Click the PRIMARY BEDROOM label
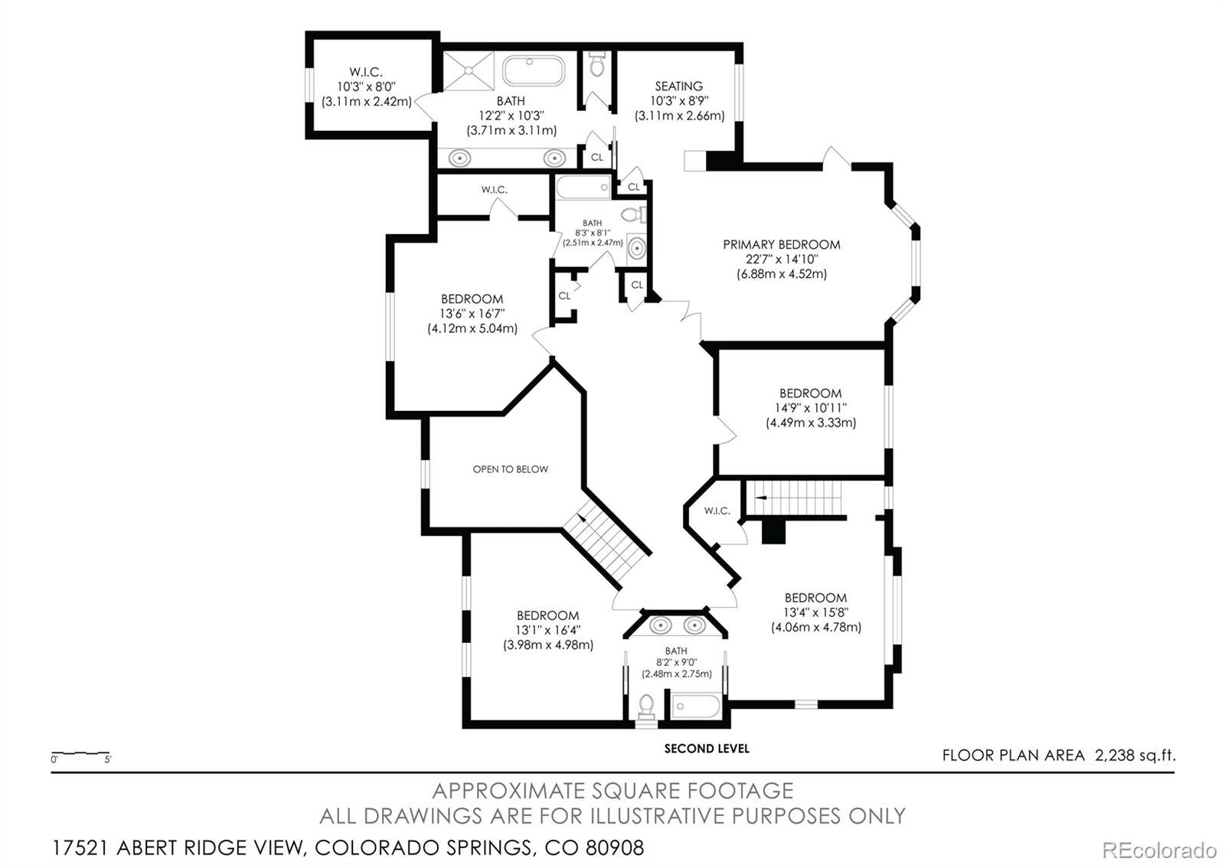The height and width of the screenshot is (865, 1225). (x=781, y=245)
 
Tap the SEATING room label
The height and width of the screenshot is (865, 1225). (x=678, y=86)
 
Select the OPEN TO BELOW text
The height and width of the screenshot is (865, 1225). (x=510, y=469)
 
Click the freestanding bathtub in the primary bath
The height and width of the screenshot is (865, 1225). (x=534, y=72)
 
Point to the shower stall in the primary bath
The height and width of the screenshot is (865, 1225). (x=469, y=71)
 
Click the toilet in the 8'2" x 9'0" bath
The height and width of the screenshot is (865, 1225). (x=647, y=706)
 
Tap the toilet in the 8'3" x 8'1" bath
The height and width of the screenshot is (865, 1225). (x=632, y=214)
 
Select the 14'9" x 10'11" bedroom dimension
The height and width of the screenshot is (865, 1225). (x=810, y=408)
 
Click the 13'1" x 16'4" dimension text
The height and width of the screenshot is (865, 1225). (x=547, y=630)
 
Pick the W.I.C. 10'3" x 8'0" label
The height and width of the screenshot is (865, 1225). (x=366, y=86)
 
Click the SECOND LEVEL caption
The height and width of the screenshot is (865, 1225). (x=706, y=749)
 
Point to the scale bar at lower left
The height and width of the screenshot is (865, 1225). (x=80, y=755)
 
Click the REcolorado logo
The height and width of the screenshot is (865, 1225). (x=1158, y=850)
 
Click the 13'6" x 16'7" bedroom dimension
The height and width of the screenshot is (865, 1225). (x=472, y=314)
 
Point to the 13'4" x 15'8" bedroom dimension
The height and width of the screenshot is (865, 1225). (x=815, y=612)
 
